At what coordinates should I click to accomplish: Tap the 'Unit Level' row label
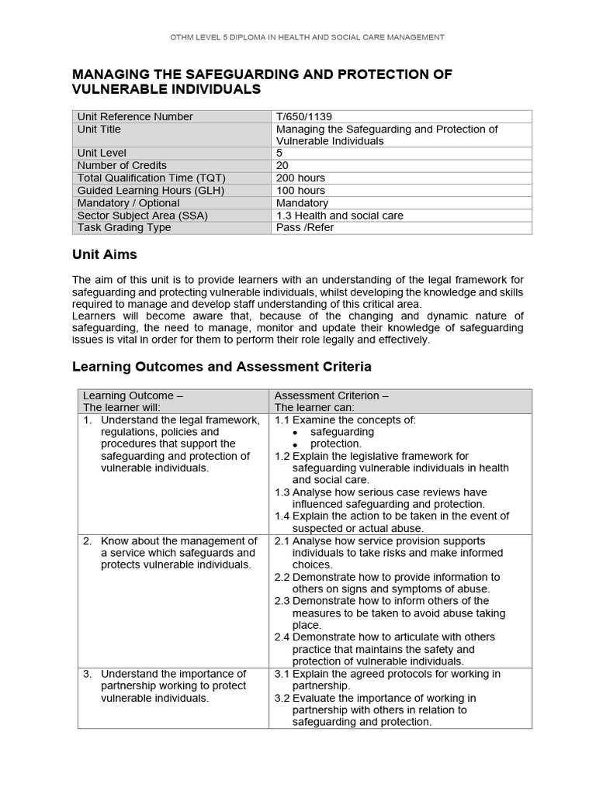[102, 154]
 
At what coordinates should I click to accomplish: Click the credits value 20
[282, 166]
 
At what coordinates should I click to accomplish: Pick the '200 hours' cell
[300, 178]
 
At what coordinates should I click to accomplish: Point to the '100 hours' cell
[300, 191]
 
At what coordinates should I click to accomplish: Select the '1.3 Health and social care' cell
[340, 216]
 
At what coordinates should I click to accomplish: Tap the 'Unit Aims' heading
[104, 255]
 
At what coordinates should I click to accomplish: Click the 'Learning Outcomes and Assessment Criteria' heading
[221, 366]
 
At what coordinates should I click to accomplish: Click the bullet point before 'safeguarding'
[296, 433]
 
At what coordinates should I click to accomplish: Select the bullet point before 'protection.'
[296, 444]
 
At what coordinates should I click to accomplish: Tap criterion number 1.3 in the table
[282, 492]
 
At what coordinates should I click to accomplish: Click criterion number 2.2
[282, 577]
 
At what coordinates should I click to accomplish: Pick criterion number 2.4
[282, 637]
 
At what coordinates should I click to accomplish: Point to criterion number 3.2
[282, 698]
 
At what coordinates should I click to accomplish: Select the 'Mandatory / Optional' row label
[126, 203]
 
